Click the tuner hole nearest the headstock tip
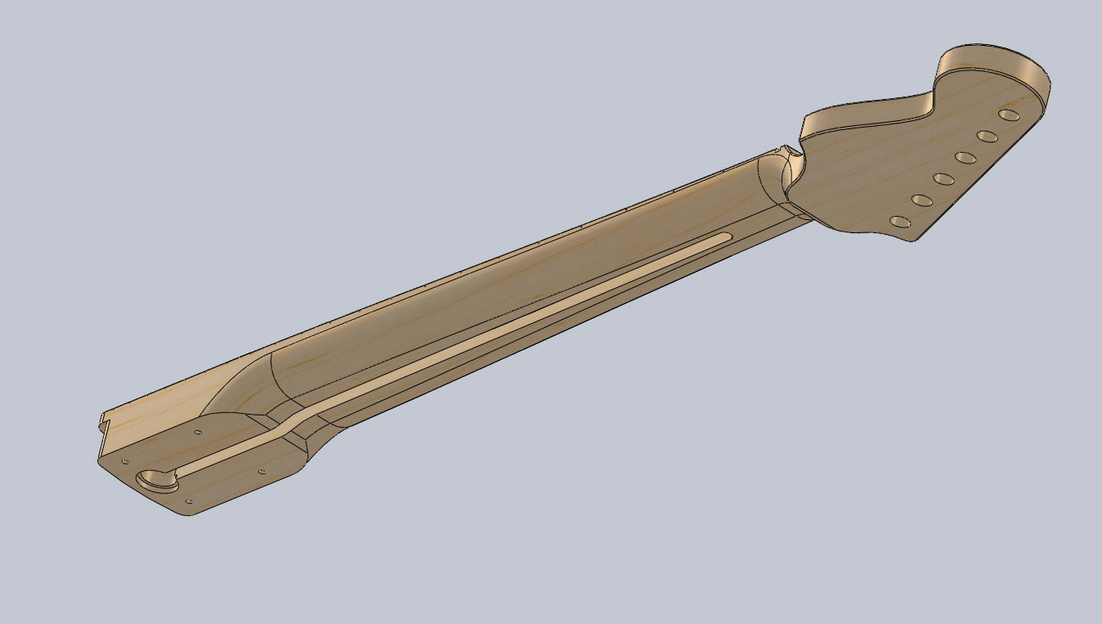[x=1008, y=114]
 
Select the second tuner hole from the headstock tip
[x=987, y=136]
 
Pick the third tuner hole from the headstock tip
[x=965, y=157]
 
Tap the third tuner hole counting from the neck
[x=943, y=178]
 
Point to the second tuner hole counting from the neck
[x=921, y=200]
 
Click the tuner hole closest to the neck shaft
[x=899, y=222]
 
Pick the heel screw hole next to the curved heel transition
[x=262, y=472]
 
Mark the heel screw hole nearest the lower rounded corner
[x=190, y=501]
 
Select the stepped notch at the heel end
[x=103, y=422]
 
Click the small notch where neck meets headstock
[x=786, y=151]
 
